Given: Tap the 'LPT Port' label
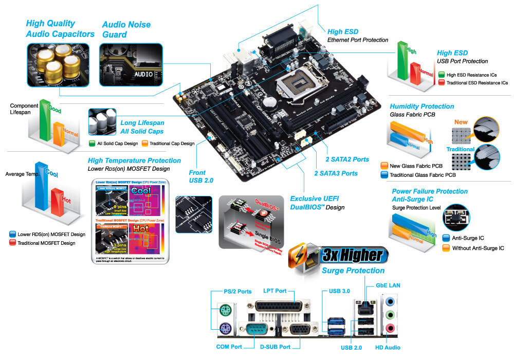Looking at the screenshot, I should (274, 291).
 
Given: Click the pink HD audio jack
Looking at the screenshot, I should (391, 328).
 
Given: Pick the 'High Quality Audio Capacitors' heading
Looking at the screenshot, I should (60, 29).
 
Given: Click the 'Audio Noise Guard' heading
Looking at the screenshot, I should (126, 29).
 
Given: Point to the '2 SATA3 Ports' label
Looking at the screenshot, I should (336, 173).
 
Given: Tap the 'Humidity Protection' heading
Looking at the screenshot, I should (421, 106).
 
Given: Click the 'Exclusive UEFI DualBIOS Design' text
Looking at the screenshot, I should (317, 203).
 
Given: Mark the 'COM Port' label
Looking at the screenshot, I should (229, 347).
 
